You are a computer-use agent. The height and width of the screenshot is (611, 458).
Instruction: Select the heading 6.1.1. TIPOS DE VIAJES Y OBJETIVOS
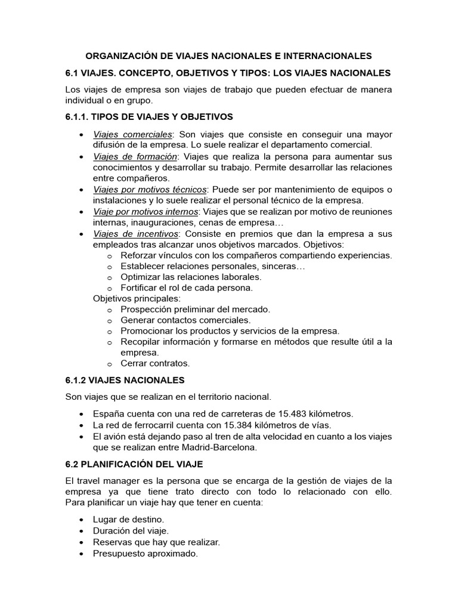click(x=149, y=116)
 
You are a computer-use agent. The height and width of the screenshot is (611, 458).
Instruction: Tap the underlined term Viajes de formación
click(x=135, y=157)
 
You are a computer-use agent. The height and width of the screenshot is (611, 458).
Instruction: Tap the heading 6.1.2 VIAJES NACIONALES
click(x=125, y=380)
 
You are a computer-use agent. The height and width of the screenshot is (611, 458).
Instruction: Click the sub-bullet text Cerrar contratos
click(x=155, y=363)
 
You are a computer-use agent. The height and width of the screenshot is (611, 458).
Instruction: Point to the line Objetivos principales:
click(x=137, y=298)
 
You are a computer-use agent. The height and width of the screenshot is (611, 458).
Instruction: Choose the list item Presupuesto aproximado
click(x=145, y=553)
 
